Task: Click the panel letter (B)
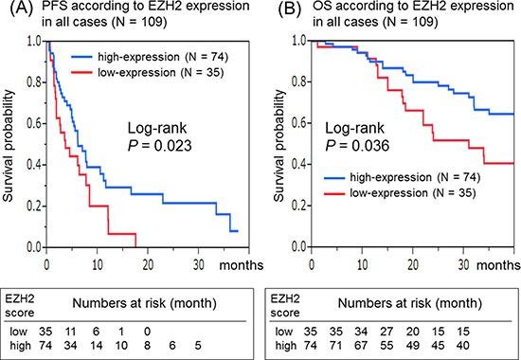click(x=274, y=10)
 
